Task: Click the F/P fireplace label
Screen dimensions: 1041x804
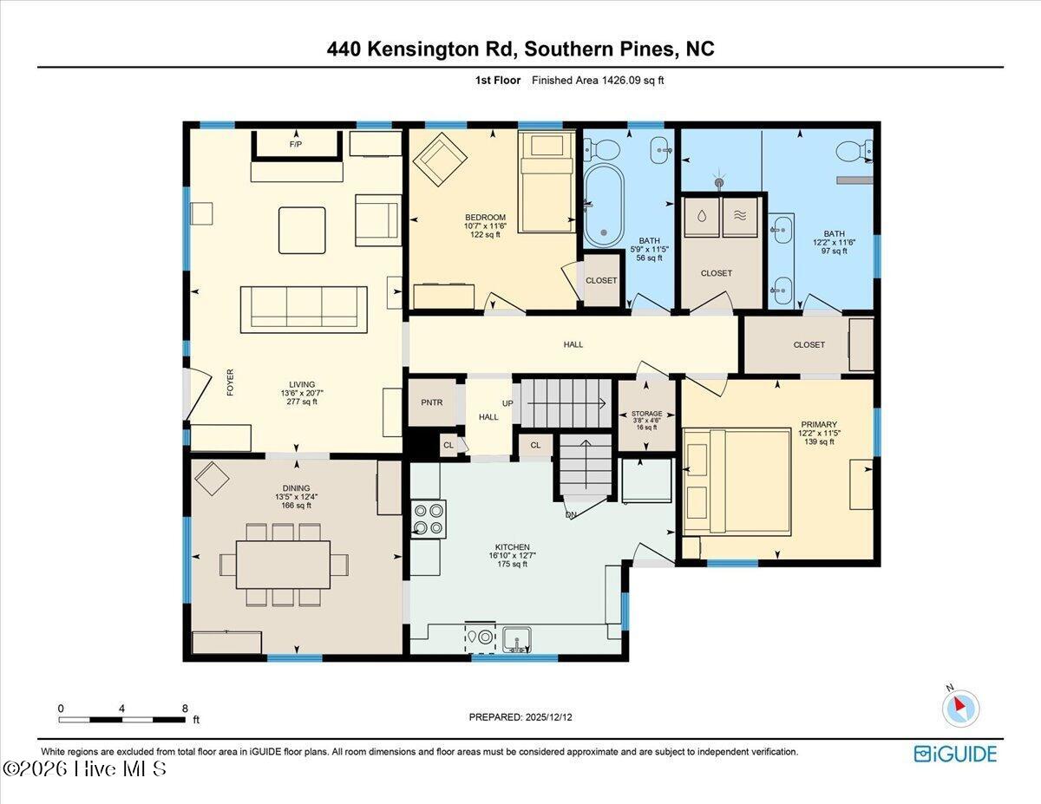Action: click(x=296, y=144)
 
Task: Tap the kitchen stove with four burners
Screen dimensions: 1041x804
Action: click(x=429, y=520)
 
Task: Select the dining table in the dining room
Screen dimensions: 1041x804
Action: click(x=283, y=564)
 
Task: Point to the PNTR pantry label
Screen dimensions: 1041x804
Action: click(x=432, y=402)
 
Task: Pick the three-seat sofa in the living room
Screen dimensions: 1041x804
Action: click(x=304, y=310)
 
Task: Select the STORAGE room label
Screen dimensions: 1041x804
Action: click(x=647, y=413)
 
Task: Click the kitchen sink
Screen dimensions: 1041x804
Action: click(x=517, y=640)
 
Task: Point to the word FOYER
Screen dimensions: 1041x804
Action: click(x=231, y=382)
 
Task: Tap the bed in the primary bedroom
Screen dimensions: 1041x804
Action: click(x=737, y=481)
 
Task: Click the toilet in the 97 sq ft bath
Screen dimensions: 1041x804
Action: click(x=854, y=150)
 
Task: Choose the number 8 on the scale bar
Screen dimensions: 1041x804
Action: click(x=185, y=709)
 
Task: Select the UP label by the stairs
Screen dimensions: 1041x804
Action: click(x=507, y=403)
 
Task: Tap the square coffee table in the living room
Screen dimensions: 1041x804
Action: click(x=302, y=231)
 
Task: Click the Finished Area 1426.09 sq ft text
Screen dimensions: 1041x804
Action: click(x=598, y=81)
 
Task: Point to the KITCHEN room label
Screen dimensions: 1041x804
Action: click(x=512, y=547)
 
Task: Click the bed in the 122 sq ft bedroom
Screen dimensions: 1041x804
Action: click(x=547, y=182)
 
